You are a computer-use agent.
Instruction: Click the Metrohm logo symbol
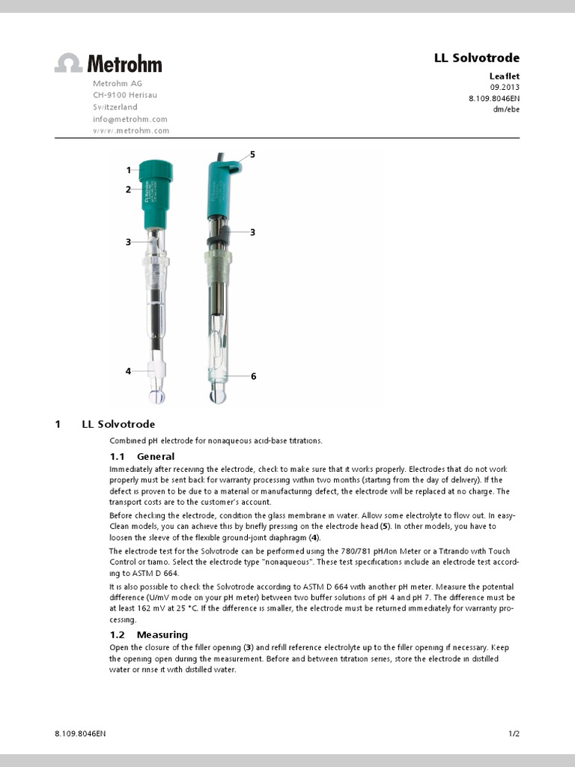[x=68, y=63]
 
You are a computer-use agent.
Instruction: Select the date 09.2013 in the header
[x=505, y=86]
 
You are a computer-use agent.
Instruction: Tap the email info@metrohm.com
[x=130, y=118]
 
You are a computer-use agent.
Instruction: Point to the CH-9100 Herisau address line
[x=125, y=95]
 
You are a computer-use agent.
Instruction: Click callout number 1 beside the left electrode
[x=129, y=170]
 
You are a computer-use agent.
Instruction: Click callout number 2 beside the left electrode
[x=129, y=190]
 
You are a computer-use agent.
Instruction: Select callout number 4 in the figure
[x=129, y=371]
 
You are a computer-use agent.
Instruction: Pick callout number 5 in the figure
[x=252, y=154]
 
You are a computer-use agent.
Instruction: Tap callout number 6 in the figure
[x=253, y=376]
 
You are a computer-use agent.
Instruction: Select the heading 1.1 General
[x=142, y=456]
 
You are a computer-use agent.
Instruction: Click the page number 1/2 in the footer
[x=514, y=733]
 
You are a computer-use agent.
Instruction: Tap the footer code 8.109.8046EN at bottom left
[x=80, y=733]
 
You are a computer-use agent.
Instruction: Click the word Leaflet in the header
[x=504, y=76]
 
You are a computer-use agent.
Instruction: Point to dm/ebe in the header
[x=506, y=109]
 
